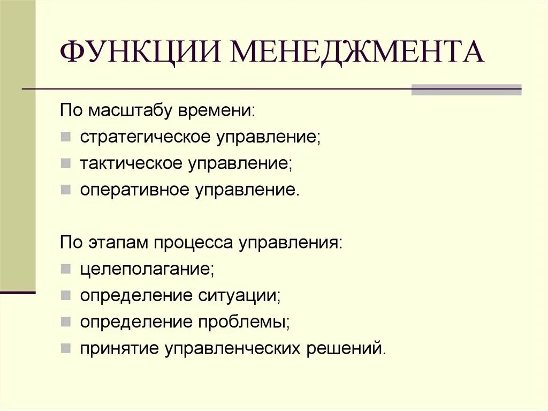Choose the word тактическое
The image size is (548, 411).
(132, 163)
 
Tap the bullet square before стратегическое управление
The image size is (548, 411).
(65, 137)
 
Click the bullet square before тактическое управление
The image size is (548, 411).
(65, 163)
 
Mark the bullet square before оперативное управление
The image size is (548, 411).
(65, 190)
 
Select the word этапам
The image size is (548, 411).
(119, 243)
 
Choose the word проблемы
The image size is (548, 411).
(245, 322)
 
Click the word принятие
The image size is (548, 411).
(118, 348)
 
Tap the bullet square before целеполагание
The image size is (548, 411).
(65, 269)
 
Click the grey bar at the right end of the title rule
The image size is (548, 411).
(466, 89)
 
